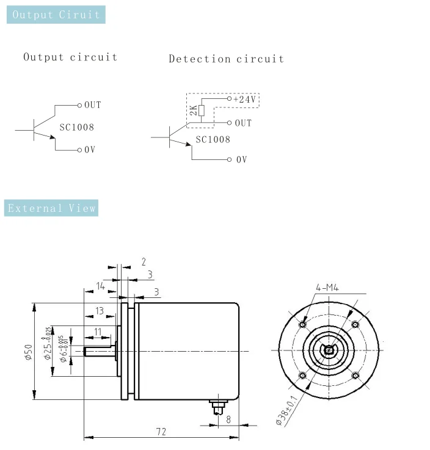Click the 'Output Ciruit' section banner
56,15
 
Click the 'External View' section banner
52,208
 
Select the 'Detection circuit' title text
226,59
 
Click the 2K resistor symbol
202,110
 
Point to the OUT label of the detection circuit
243,123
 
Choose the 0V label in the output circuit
90,150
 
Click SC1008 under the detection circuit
213,140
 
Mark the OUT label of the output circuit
93,105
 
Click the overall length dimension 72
161,432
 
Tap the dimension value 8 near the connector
228,419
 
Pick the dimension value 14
100,286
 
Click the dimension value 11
98,332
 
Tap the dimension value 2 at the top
144,262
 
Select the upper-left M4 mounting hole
302,325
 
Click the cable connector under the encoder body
216,405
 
